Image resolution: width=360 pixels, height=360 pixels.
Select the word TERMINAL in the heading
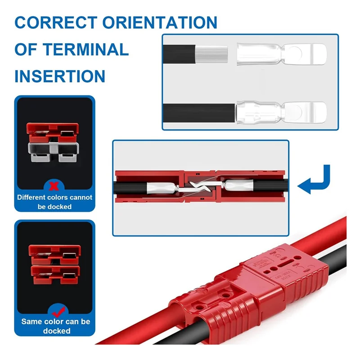tap(84, 49)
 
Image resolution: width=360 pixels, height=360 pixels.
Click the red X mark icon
tap(54, 184)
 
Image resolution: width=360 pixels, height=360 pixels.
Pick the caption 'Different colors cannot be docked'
tap(54, 202)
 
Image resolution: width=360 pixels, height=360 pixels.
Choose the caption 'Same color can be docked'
tap(56, 326)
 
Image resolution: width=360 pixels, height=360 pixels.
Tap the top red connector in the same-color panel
tap(55, 253)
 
